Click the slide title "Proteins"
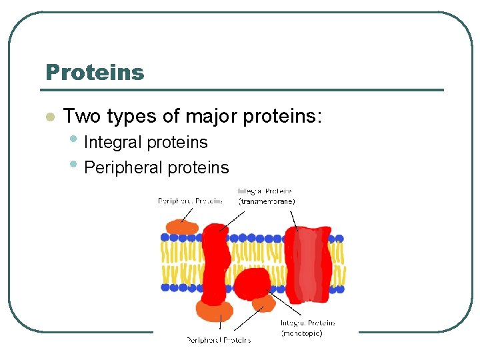94,72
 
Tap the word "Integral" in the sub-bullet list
113,142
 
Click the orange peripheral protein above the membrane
181,227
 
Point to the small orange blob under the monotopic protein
264,305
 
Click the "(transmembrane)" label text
267,201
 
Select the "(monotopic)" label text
302,333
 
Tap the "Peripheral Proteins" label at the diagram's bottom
219,340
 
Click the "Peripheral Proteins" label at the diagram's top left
190,201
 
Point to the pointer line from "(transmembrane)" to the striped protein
293,220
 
